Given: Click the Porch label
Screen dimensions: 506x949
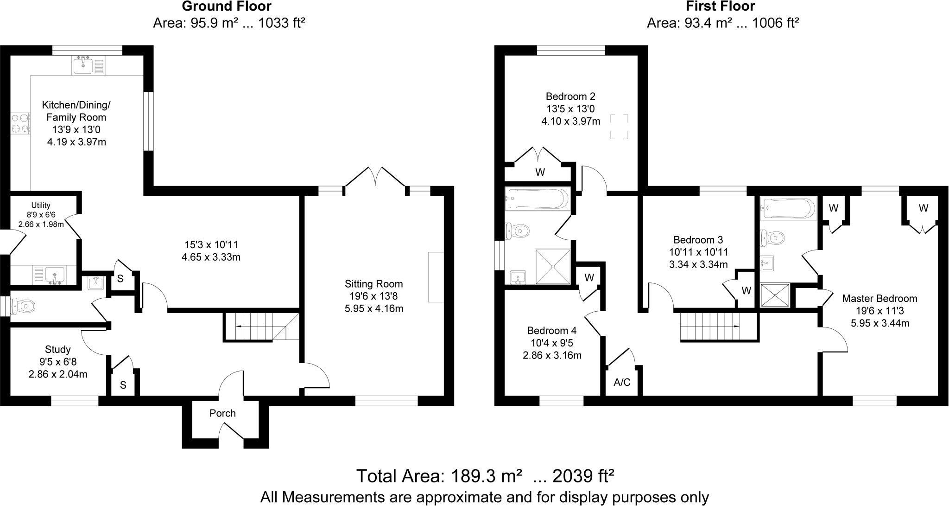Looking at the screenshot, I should (x=222, y=413).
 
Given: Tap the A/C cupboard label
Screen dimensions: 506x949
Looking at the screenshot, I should (x=622, y=382).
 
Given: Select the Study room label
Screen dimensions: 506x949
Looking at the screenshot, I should (x=58, y=349).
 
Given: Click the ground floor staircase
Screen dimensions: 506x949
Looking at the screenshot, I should (x=261, y=327).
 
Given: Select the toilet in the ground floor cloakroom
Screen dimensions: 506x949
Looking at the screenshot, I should (x=23, y=306).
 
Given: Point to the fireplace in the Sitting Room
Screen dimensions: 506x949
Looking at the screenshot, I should (x=436, y=277).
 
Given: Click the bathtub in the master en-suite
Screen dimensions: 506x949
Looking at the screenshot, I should (x=789, y=208).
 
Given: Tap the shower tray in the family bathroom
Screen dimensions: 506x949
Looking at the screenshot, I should (x=553, y=266).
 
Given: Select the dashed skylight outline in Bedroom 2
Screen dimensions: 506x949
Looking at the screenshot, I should (x=619, y=127).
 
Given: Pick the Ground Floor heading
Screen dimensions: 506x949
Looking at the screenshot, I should (x=227, y=6).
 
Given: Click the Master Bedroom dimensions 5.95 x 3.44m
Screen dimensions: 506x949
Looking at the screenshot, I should (x=879, y=323).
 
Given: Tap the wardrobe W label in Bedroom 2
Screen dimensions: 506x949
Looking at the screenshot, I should (x=540, y=173).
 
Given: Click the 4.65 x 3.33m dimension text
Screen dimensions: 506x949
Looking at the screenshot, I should (x=211, y=257).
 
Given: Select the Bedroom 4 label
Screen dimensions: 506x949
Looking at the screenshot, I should (x=551, y=331).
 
